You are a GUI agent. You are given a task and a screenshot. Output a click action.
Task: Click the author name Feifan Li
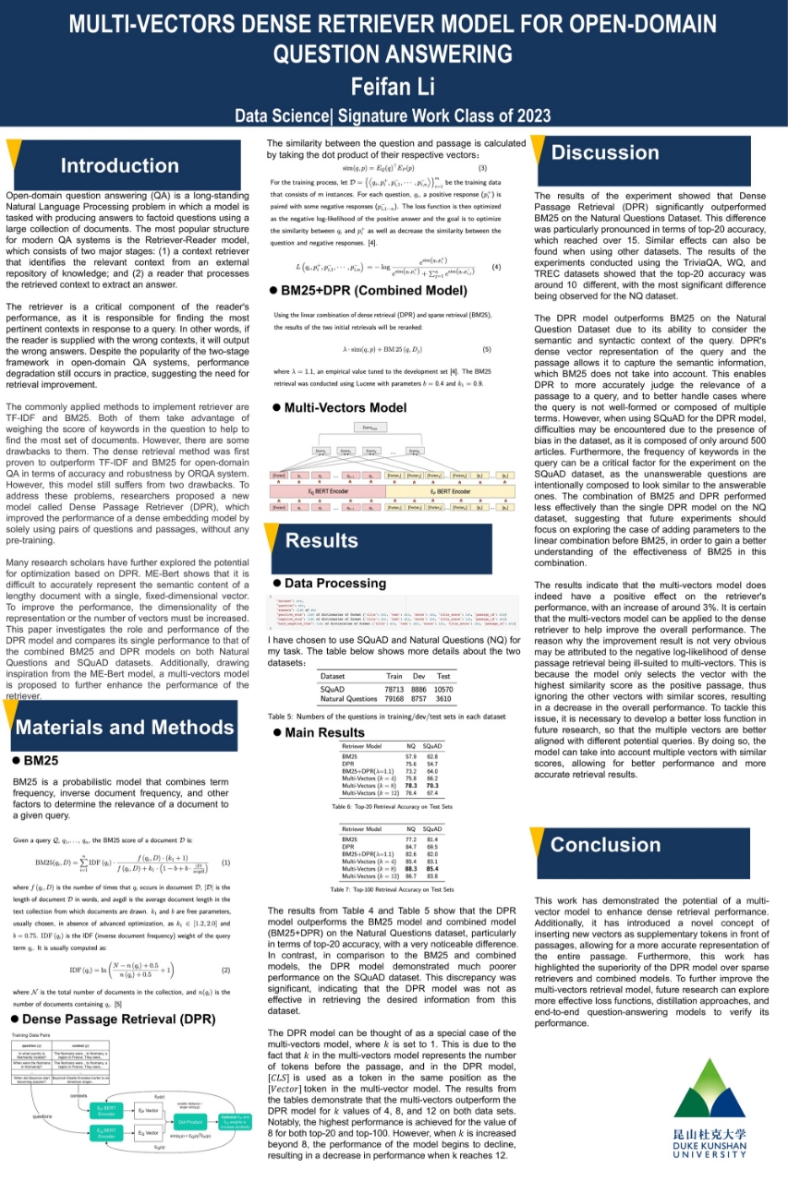(394, 87)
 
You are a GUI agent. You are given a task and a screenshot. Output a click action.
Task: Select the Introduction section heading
(119, 166)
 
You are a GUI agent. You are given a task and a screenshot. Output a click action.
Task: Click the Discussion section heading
(605, 152)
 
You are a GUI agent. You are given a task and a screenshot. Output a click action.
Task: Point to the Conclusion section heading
(605, 844)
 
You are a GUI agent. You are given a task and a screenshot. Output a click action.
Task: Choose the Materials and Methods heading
(126, 728)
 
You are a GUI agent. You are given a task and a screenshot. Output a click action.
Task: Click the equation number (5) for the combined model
(487, 350)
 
